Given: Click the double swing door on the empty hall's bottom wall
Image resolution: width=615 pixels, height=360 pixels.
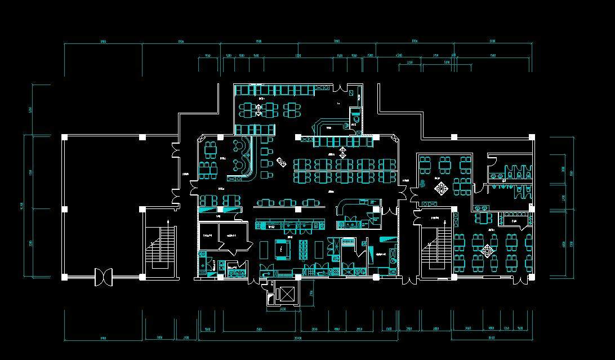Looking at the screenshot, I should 104,277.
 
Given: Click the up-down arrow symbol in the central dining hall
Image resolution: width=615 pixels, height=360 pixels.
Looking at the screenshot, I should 342,152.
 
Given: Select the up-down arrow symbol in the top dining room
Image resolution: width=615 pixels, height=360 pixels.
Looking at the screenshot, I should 259,110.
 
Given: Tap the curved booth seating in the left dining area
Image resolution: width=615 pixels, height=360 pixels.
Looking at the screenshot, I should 243,158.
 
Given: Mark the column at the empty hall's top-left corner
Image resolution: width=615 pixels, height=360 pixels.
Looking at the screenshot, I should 64,137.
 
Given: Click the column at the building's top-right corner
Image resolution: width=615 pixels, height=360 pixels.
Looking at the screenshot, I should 532,137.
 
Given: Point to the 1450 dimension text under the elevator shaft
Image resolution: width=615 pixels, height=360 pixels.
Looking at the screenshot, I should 286,309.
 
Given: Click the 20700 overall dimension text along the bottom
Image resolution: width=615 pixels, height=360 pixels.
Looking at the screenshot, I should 298,339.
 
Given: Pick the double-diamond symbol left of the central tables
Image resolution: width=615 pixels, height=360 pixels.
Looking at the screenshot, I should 281,163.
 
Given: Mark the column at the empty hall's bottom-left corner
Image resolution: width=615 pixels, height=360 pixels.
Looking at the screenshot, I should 64,277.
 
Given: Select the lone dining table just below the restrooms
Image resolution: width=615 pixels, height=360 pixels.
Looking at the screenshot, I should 482,216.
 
